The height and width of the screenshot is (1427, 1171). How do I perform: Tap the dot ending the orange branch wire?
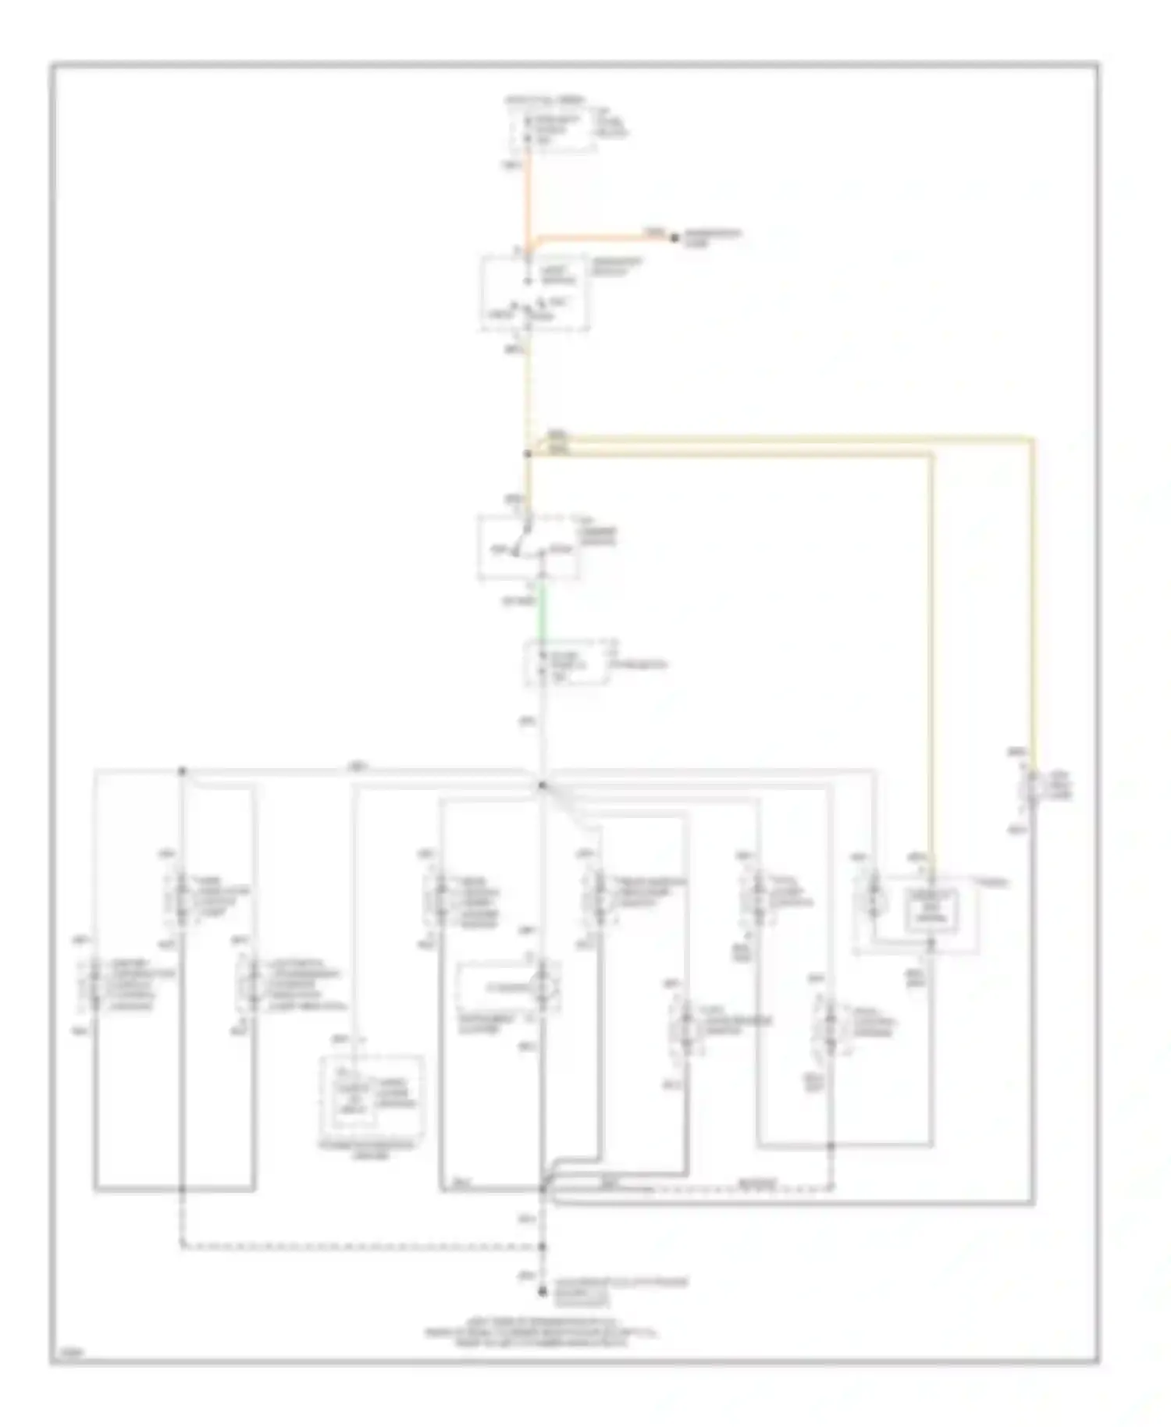(675, 237)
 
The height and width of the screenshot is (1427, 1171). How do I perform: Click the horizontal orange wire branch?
(601, 237)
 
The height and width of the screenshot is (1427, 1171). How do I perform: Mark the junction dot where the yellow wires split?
(528, 454)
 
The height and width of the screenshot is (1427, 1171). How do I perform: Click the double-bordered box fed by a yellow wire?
(931, 910)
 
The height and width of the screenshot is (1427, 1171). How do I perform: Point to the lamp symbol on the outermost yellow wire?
(1032, 788)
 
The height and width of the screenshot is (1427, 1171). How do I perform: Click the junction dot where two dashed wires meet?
(542, 1247)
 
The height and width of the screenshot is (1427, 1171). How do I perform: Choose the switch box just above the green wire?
(529, 546)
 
